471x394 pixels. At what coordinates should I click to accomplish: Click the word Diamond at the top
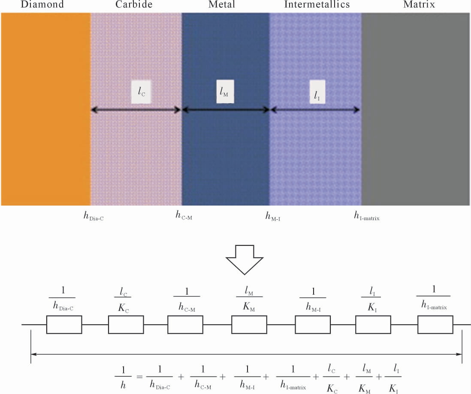42,4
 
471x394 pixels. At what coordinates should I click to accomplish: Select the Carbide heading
134,4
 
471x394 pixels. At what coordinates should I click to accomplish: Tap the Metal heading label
222,4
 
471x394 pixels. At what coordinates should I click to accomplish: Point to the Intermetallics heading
317,4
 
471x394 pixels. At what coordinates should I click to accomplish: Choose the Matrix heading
419,4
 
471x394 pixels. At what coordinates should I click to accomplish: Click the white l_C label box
141,92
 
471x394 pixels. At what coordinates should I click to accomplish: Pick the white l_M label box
225,92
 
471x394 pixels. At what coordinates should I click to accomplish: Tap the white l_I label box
317,92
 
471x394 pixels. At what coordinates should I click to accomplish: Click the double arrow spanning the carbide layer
136,110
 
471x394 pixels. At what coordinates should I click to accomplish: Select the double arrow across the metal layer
226,110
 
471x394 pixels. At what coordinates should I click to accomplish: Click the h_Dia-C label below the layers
94,216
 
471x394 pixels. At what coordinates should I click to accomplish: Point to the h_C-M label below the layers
184,215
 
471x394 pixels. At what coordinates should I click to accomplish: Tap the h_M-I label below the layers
273,216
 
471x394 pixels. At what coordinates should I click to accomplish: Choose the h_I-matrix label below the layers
366,216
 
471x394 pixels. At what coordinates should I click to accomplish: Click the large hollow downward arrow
245,260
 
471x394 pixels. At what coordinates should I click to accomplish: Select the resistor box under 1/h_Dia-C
64,325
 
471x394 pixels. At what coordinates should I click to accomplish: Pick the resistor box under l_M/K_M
249,325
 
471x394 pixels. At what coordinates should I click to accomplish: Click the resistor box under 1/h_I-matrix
435,325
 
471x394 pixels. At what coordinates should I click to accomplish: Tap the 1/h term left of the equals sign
123,377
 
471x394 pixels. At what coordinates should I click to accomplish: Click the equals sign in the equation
139,376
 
